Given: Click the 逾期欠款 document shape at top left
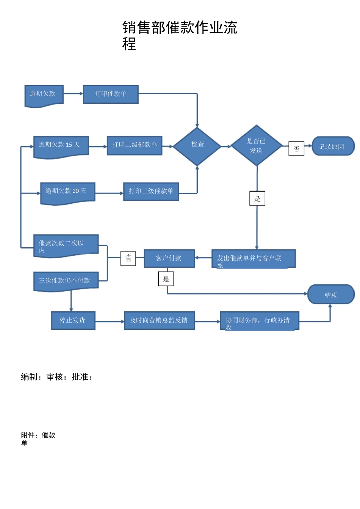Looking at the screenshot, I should (x=44, y=95).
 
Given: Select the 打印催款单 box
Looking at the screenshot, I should (x=111, y=94).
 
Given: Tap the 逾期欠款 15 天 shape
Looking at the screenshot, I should (x=61, y=146).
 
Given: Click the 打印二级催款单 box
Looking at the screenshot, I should (x=135, y=145).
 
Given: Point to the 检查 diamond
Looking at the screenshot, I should (x=197, y=146).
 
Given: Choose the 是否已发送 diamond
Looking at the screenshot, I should (x=257, y=146).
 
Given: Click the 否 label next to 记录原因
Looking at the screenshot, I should (x=296, y=149).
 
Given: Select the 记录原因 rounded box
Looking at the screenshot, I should (x=332, y=147).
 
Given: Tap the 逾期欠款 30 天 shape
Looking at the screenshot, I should (x=67, y=192).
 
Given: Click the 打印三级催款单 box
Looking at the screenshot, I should (x=151, y=192).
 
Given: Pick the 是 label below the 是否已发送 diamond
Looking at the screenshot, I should (x=257, y=198).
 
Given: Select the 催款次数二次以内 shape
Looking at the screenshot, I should (x=66, y=245).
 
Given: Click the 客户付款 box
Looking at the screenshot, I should (x=169, y=259).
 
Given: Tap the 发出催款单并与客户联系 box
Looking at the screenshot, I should (x=253, y=259).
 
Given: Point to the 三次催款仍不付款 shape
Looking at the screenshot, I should (x=66, y=281).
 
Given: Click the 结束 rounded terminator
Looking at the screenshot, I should (x=330, y=295).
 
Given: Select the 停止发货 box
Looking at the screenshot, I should (x=73, y=320).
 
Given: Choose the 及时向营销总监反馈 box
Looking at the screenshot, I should (x=159, y=320).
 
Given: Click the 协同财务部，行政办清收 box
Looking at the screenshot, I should (x=260, y=321).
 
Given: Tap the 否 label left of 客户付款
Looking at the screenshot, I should (x=128, y=258).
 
